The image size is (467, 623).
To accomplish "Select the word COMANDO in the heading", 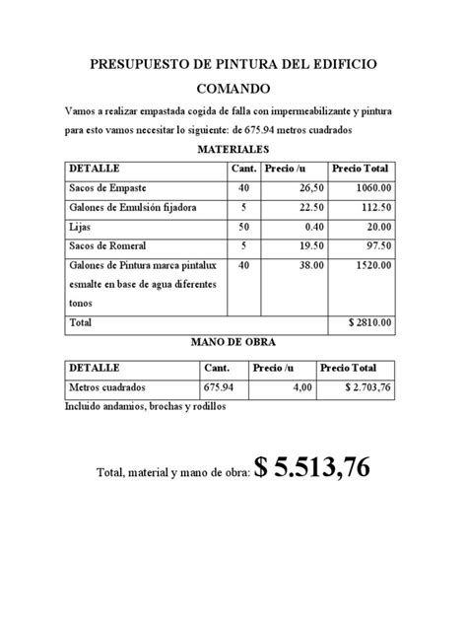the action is [x=233, y=88].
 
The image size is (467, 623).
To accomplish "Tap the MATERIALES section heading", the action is [x=233, y=148].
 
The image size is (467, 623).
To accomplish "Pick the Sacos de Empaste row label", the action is [x=107, y=187].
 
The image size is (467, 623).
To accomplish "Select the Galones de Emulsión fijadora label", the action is [x=133, y=207].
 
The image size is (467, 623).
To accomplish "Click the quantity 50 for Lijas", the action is [x=243, y=227].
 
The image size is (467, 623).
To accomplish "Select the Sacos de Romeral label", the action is [x=109, y=245].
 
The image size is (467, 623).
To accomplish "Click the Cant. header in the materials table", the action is [x=243, y=168].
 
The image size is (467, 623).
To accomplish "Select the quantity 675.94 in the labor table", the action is [x=221, y=388].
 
